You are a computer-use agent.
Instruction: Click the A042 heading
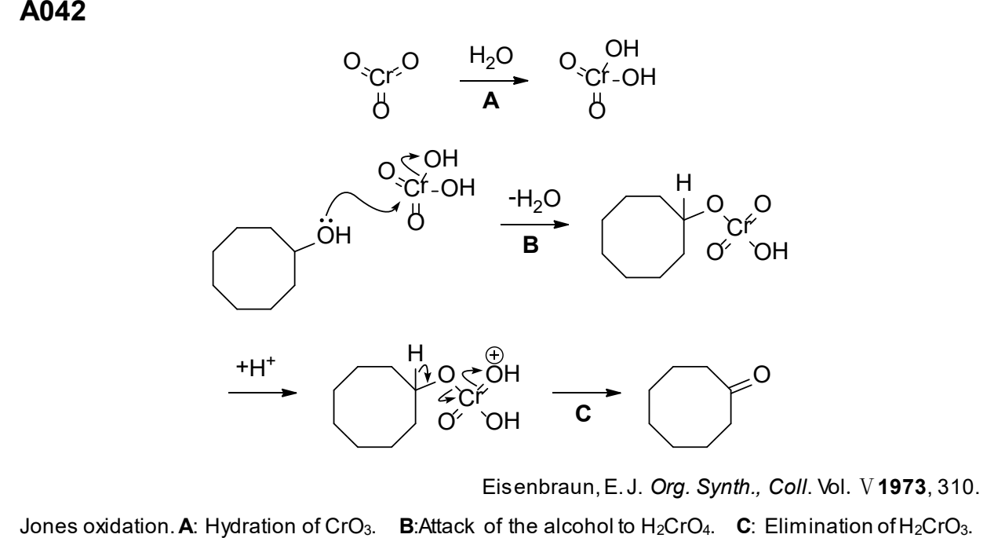click(x=53, y=12)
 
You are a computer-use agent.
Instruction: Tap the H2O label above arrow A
click(x=491, y=57)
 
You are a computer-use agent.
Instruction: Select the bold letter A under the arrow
click(x=490, y=101)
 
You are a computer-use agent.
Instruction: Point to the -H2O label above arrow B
click(x=534, y=199)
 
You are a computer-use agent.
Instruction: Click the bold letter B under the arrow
click(x=530, y=245)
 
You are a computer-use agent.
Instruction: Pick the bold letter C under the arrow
click(x=583, y=414)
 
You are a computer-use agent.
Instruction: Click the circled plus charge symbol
click(x=494, y=356)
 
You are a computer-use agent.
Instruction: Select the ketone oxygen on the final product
click(x=761, y=375)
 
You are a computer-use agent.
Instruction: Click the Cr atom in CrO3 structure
click(x=381, y=78)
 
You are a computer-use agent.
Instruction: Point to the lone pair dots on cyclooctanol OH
click(x=326, y=221)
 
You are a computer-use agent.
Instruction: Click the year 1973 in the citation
click(x=902, y=487)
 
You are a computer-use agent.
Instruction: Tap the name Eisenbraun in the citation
click(x=538, y=487)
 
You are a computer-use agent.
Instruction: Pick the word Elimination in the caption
click(x=818, y=526)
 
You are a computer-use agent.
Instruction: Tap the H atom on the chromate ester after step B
click(x=684, y=183)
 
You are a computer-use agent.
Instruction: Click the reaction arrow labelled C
click(x=587, y=393)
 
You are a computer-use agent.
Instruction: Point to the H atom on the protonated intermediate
click(x=415, y=353)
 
